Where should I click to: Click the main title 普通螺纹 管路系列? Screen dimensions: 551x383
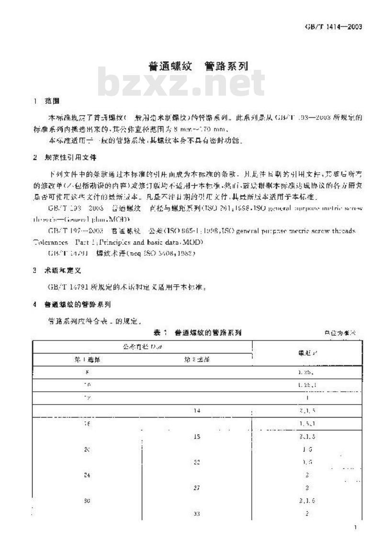[198, 66]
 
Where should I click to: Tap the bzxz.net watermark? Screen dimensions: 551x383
[181, 85]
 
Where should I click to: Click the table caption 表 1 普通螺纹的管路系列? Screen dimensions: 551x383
[197, 332]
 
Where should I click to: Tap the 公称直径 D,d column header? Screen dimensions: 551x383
[142, 346]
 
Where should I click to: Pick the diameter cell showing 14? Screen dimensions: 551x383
[197, 410]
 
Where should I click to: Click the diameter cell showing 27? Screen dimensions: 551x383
[197, 488]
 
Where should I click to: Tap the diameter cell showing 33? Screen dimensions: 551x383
[197, 514]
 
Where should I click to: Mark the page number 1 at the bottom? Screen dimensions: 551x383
[354, 527]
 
